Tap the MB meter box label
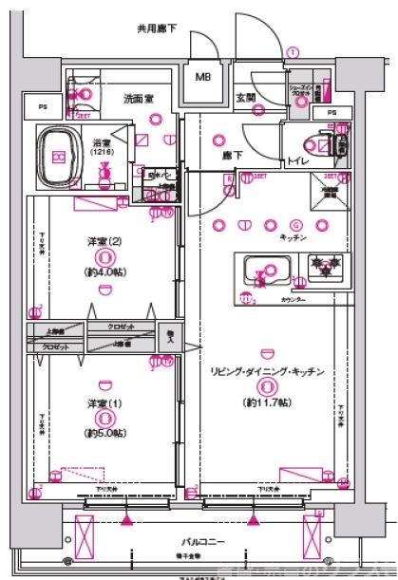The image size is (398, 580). tap(204, 77)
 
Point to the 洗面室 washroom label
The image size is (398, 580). tap(138, 98)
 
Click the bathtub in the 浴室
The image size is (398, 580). tap(60, 154)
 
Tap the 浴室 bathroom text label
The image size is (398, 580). tap(101, 140)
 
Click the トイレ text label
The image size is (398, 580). tap(296, 161)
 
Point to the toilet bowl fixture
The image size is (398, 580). tap(332, 145)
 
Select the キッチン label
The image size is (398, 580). tap(293, 238)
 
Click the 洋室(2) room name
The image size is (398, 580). tap(102, 239)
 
